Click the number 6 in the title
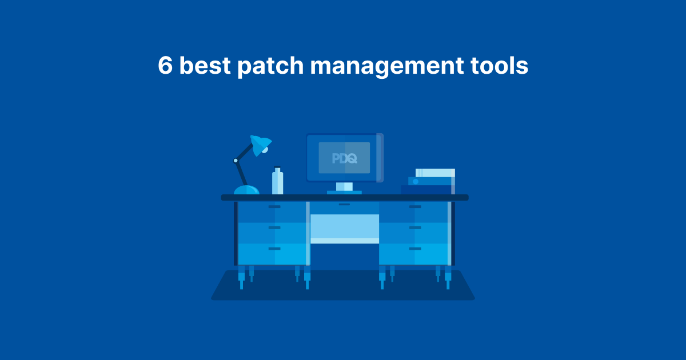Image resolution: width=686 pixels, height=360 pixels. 165,66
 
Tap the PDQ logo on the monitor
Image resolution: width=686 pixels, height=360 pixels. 344,158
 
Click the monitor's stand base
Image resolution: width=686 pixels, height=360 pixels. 344,193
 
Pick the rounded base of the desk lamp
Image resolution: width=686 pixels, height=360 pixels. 246,190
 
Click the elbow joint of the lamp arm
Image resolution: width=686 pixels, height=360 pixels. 236,161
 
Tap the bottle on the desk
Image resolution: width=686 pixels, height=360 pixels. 277,181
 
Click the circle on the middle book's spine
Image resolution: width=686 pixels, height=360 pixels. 416,181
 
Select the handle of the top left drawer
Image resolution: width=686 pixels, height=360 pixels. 274,206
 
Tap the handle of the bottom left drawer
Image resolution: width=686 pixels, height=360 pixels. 274,249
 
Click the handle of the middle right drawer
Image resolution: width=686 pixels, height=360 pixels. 415,227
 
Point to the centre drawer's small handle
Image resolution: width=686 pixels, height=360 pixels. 344,204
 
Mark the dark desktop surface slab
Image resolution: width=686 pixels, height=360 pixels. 344,198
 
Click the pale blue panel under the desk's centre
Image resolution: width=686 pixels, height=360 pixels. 344,226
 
